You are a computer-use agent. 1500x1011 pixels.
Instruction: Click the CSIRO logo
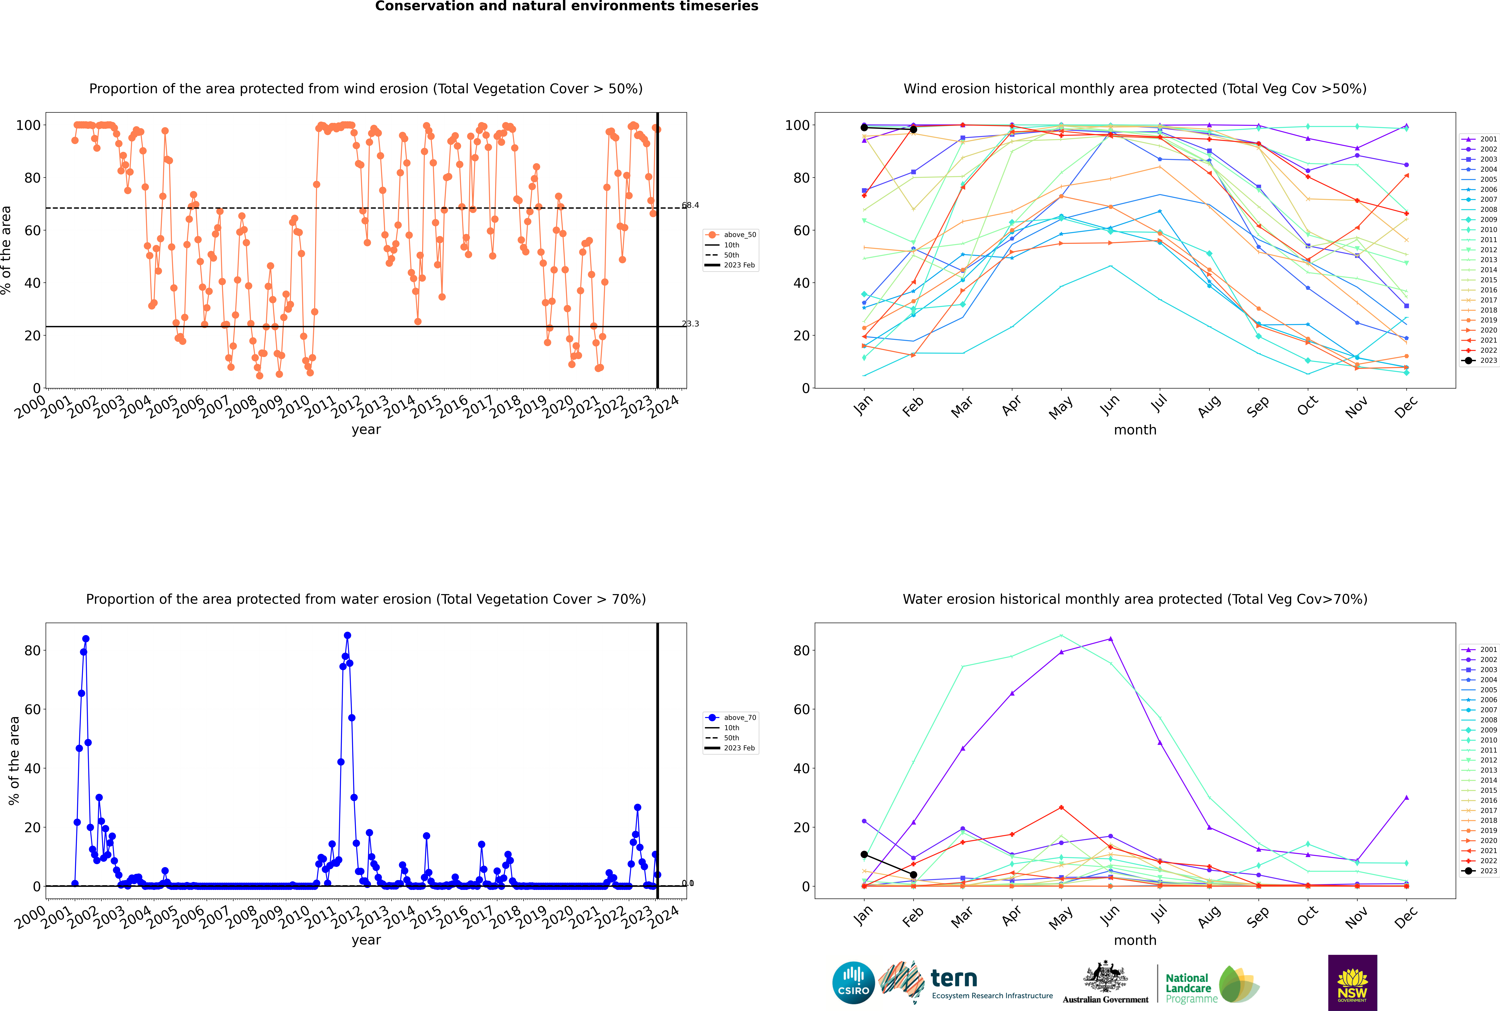click(853, 983)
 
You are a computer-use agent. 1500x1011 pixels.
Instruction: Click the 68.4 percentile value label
click(690, 205)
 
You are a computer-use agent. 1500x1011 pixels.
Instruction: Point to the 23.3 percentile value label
click(690, 324)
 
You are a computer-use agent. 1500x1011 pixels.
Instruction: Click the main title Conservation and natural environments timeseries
click(566, 6)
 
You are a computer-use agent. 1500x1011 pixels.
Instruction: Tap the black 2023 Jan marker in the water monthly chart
click(864, 854)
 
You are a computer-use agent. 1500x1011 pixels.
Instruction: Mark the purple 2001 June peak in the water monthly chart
click(1110, 639)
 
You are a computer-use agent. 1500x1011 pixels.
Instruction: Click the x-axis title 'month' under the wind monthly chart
click(1135, 430)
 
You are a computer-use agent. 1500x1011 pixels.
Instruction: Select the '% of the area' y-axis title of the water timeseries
click(14, 761)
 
